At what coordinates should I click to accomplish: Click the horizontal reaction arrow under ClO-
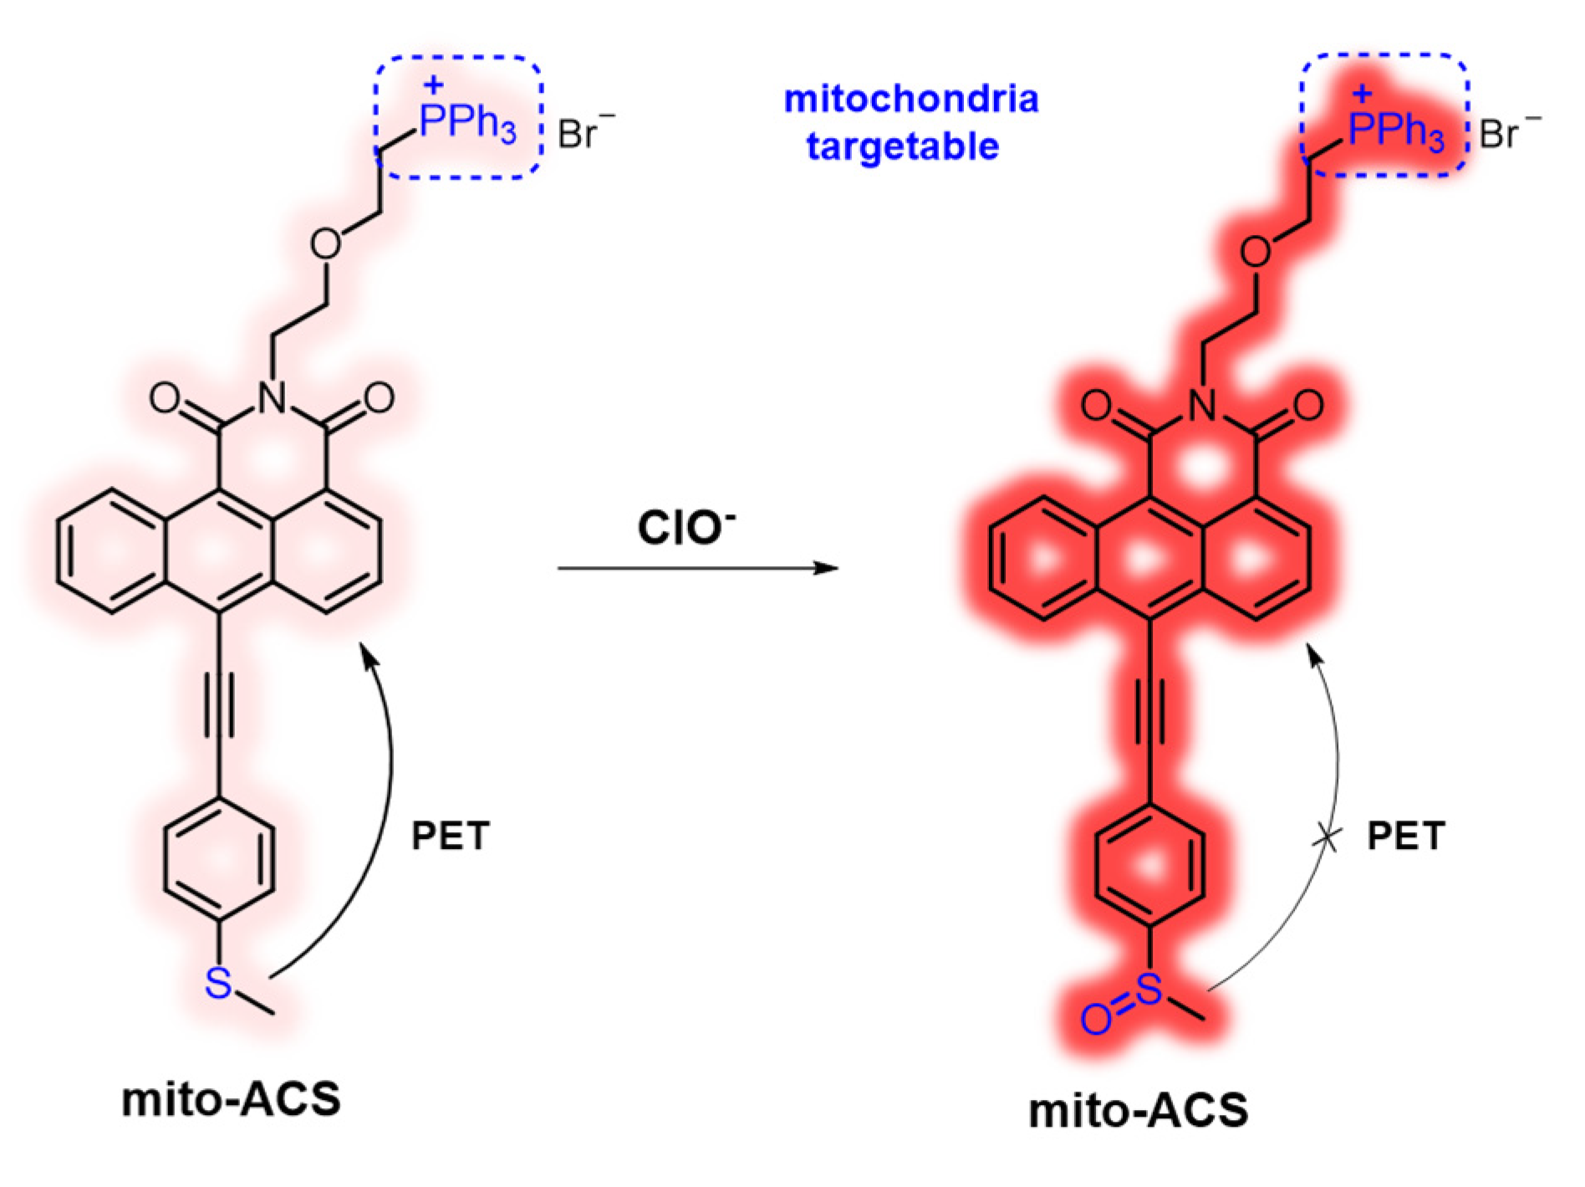coord(697,569)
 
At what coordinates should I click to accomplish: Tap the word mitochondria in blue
coord(911,100)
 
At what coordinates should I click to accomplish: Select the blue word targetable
coord(903,146)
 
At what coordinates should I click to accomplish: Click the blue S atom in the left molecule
coord(217,982)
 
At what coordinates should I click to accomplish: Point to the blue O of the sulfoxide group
coord(1095,1019)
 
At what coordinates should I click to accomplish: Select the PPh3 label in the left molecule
coord(467,124)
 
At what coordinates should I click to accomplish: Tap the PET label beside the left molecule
coord(450,836)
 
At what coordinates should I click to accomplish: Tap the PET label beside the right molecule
coord(1405,836)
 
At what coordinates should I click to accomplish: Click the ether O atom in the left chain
coord(325,244)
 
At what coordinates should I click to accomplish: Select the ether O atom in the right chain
coord(1256,251)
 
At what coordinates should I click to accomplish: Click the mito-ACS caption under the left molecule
coord(231,1099)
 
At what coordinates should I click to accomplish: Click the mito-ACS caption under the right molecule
coord(1138,1111)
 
